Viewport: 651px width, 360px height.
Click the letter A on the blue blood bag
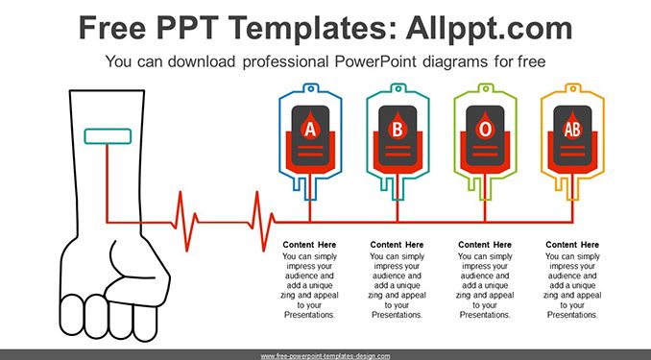pyautogui.click(x=310, y=130)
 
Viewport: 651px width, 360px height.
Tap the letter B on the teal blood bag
pyautogui.click(x=398, y=130)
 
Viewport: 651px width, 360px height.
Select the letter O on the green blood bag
pyautogui.click(x=485, y=130)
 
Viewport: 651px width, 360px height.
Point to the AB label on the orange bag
pyautogui.click(x=572, y=130)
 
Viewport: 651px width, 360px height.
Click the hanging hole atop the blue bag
pyautogui.click(x=310, y=88)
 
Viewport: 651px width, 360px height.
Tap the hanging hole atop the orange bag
pyautogui.click(x=573, y=88)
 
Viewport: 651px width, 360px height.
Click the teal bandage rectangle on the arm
pyautogui.click(x=108, y=136)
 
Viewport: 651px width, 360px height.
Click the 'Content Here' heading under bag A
pyautogui.click(x=309, y=245)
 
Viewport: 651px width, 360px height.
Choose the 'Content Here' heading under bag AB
pyautogui.click(x=572, y=245)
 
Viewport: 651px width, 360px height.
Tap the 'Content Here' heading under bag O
pyautogui.click(x=485, y=245)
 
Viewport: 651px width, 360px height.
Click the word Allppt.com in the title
pyautogui.click(x=489, y=28)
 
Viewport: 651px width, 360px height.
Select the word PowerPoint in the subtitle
pyautogui.click(x=375, y=61)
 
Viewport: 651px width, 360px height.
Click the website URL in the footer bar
pyautogui.click(x=325, y=356)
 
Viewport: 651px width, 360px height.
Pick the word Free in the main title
pyautogui.click(x=112, y=28)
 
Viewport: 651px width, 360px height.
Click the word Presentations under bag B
pyautogui.click(x=397, y=315)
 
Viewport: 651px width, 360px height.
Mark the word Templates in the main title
pyautogui.click(x=311, y=29)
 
